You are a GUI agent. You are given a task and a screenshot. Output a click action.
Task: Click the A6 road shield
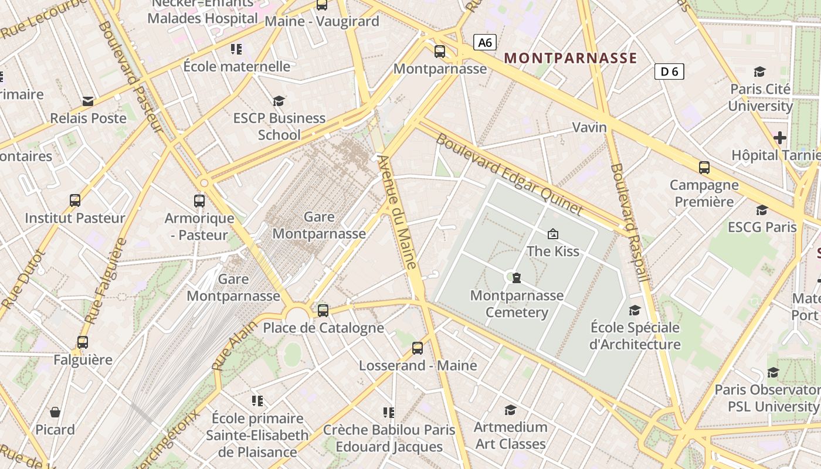484,42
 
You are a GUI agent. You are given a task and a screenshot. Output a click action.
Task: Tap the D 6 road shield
669,72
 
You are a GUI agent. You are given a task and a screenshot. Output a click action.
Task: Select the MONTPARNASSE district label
570,58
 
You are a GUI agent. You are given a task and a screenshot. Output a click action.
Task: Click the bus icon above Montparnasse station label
440,52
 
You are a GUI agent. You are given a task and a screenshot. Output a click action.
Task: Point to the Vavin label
589,127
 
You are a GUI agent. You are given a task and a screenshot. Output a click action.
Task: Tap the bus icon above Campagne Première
704,168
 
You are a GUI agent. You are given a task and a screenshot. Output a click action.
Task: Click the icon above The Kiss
552,234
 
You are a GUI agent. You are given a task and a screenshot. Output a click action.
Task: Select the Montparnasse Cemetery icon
517,277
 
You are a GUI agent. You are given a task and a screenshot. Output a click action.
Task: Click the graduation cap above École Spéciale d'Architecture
635,310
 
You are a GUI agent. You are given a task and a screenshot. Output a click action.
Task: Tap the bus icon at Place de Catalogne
323,310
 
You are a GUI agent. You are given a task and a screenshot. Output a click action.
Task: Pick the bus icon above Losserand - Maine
418,348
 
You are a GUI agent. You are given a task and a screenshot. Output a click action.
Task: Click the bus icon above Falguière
83,342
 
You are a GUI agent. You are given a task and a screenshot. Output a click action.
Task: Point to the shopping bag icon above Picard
55,412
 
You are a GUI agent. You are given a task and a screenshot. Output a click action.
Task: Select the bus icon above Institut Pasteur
75,200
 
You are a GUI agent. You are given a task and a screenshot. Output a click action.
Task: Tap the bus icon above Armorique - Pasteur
199,201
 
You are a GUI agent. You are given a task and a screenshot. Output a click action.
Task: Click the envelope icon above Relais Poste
88,101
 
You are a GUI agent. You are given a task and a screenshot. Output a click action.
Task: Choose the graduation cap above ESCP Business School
279,101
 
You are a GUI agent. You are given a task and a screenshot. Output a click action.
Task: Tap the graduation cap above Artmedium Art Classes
510,410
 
